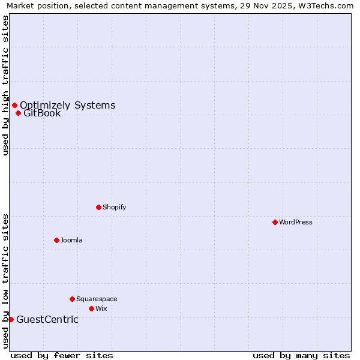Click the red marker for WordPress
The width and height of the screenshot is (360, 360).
tap(275, 222)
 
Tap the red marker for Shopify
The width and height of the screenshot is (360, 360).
tap(98, 207)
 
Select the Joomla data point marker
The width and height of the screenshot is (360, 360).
tap(56, 240)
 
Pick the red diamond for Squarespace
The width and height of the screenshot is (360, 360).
tap(72, 299)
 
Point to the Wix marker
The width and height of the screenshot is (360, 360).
tap(91, 308)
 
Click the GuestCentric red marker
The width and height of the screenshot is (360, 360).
tap(11, 319)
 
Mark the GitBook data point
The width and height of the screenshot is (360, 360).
tap(18, 113)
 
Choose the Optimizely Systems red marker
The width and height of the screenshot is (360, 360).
tap(14, 106)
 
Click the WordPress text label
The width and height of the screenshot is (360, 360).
tap(296, 222)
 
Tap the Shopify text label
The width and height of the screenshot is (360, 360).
tap(115, 207)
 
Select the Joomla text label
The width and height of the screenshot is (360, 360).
tap(71, 240)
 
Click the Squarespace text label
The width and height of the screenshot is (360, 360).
tap(97, 299)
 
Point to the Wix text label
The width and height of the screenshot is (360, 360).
tap(101, 308)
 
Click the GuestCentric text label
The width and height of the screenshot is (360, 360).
tap(47, 319)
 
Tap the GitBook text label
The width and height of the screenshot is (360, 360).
tap(42, 113)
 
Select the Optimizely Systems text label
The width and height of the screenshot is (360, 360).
tap(67, 106)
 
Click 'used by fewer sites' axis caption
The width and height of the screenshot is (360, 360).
tap(62, 355)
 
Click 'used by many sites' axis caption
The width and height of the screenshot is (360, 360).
tap(301, 355)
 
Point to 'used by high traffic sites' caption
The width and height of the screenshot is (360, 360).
tap(5, 85)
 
